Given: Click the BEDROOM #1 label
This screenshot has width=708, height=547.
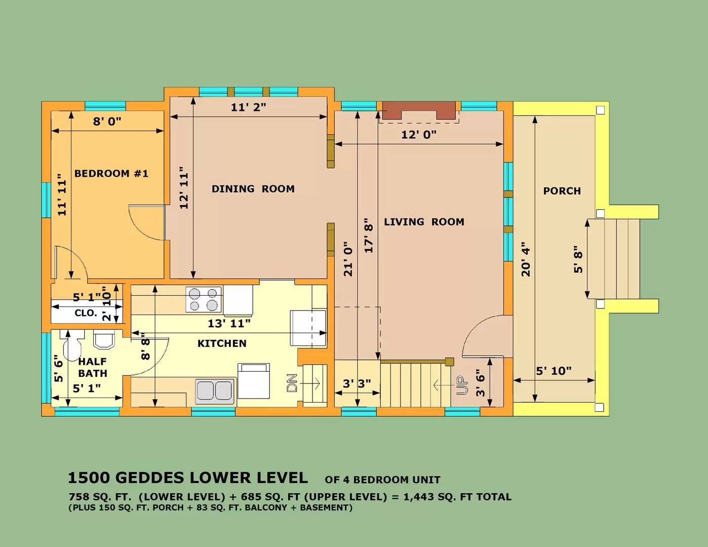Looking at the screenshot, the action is coord(111,173).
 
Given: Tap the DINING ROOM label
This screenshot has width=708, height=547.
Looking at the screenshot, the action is coord(253,189).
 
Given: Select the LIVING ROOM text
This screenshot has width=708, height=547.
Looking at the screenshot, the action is coord(424,222).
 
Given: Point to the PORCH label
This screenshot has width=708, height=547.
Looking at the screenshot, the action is coord(562,191).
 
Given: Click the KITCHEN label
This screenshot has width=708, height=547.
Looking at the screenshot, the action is coord(222,343).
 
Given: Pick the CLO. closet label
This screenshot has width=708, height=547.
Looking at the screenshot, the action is coord(86,313).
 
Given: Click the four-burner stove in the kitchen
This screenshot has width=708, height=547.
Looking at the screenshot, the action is coord(204,299).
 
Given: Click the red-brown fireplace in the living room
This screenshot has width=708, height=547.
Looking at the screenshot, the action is coord(419,110).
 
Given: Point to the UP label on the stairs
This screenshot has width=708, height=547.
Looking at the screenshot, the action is coord(462,385).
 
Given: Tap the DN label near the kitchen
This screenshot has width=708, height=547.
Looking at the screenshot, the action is coord(292,383).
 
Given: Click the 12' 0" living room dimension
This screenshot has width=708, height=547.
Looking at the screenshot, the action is coord(418,135).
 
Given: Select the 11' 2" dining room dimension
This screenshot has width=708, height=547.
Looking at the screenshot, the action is coord(248,107).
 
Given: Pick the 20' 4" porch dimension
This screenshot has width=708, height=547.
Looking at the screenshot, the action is coord(526,259).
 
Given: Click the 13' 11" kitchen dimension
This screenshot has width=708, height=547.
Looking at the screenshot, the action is coord(229,324).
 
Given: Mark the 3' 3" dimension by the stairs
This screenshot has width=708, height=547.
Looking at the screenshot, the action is coord(357,384).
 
